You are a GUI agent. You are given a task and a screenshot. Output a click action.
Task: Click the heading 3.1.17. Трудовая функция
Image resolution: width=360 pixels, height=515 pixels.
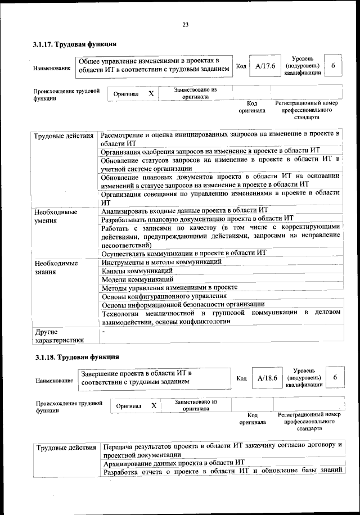click(x=75, y=44)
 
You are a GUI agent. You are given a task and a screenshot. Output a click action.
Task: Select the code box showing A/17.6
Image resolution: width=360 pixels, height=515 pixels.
click(x=264, y=66)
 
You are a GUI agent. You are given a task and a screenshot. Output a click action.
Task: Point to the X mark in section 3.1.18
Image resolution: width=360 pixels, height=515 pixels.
click(x=154, y=405)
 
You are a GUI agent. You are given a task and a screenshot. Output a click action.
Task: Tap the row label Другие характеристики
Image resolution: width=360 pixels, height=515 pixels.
click(x=59, y=336)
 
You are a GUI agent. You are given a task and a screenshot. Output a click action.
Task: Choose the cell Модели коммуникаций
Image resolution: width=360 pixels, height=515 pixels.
click(x=137, y=279)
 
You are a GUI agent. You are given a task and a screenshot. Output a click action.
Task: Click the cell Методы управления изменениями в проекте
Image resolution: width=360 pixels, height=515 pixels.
click(x=169, y=287)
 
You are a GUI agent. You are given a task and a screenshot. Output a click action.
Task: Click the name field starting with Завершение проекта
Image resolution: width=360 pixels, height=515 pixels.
click(x=155, y=377)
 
